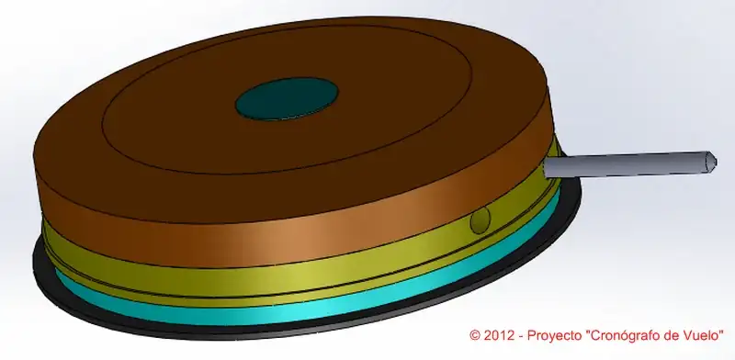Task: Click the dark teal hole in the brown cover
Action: point(287,98)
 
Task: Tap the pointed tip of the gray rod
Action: point(716,161)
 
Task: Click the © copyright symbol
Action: point(475,335)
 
